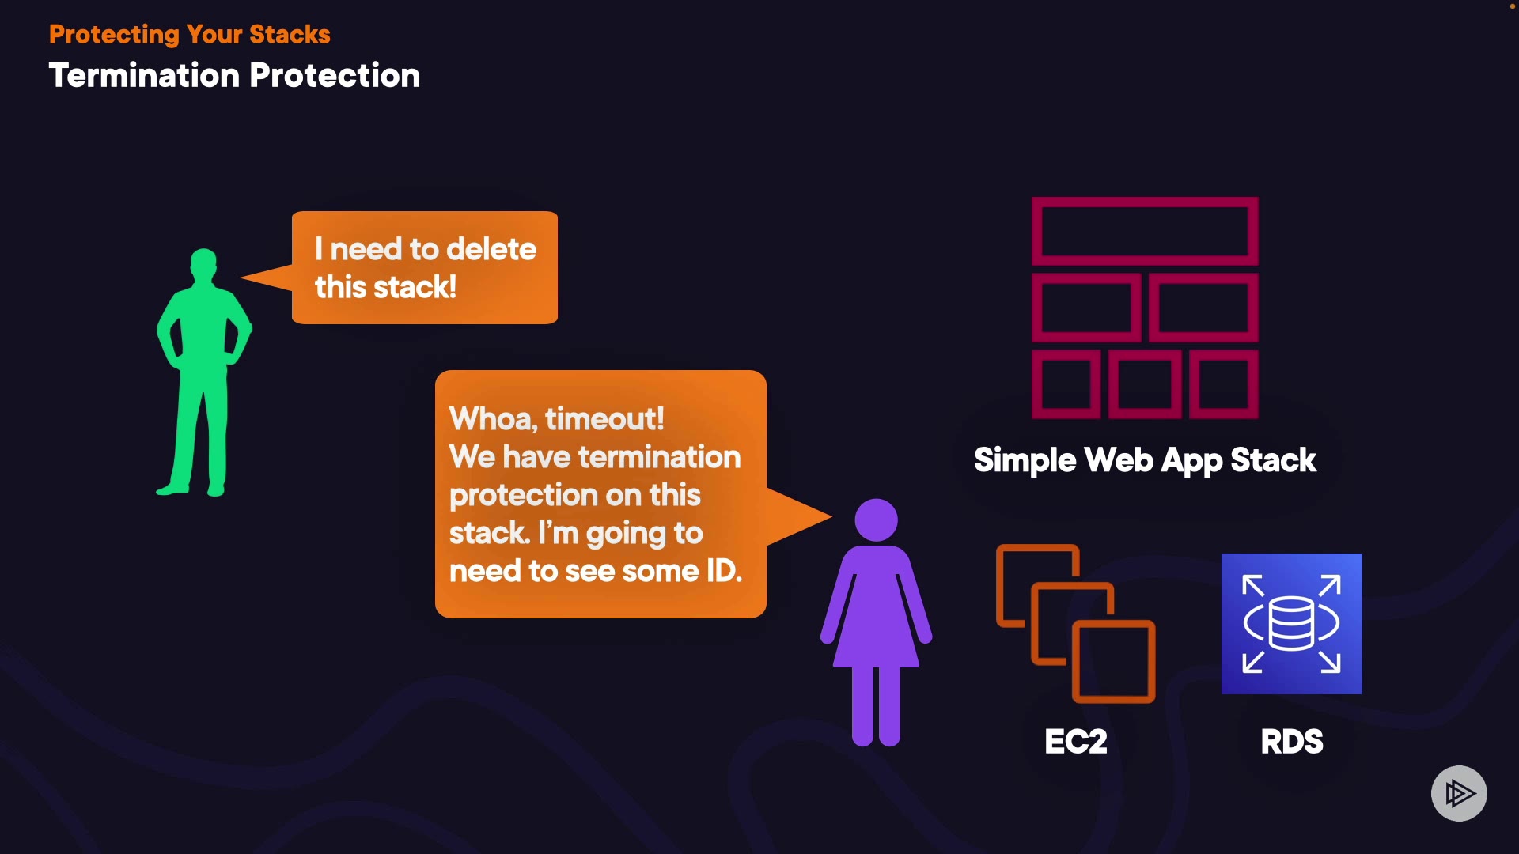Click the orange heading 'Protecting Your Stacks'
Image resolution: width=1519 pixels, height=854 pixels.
190,35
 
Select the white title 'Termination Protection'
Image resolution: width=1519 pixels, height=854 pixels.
234,76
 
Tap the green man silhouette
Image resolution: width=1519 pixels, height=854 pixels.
204,372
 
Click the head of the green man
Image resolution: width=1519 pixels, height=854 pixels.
204,264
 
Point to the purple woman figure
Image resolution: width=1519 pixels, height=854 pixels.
877,622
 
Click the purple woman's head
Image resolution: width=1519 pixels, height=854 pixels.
877,520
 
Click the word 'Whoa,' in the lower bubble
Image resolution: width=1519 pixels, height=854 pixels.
494,419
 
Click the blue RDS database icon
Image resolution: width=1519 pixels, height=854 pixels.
1291,624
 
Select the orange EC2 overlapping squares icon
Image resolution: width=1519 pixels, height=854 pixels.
1076,623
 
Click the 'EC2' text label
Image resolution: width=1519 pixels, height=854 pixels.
1076,742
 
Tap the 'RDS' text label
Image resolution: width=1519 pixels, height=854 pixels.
1292,742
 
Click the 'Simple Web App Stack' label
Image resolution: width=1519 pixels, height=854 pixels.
1145,460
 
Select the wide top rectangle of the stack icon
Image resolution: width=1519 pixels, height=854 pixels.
1145,231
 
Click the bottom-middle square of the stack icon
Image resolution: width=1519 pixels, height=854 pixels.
1145,384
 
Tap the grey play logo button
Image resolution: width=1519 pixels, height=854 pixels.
1459,793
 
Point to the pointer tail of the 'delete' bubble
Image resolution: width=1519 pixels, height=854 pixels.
241,278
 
